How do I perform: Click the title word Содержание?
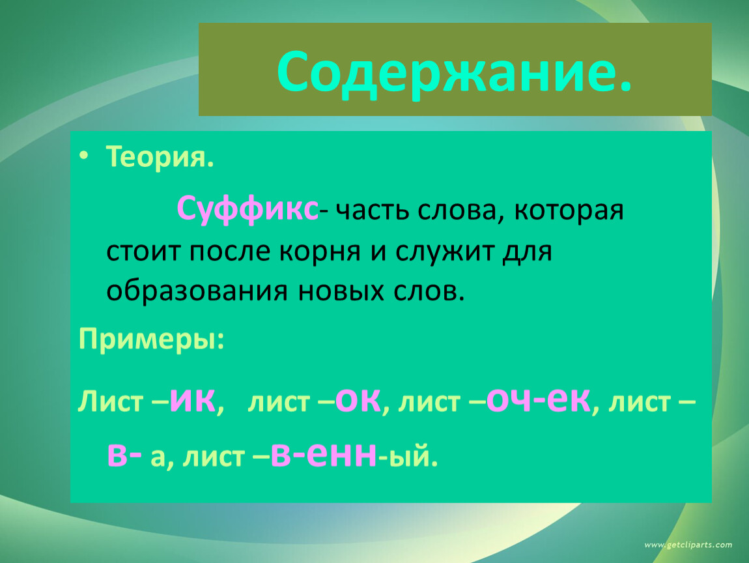coord(454,72)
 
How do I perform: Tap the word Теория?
coord(160,156)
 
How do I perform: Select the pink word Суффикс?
coord(247,209)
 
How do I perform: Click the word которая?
coord(569,210)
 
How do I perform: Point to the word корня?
coord(320,252)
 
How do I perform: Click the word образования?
coord(197,291)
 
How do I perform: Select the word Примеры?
coord(151,339)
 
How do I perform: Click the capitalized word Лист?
coord(110,401)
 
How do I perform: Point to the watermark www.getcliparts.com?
coord(688,545)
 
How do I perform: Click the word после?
coord(230,252)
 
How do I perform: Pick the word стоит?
coord(143,252)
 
